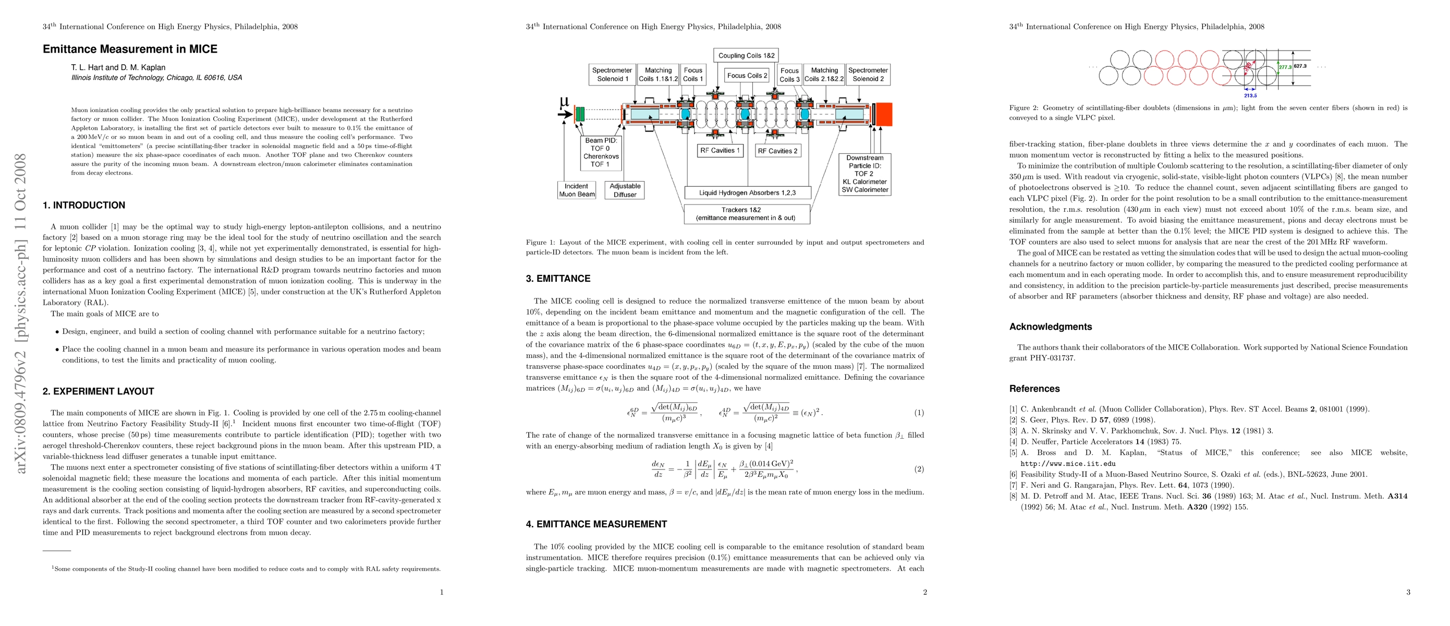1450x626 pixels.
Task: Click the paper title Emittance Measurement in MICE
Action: (x=130, y=49)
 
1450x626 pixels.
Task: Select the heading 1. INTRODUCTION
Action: (x=84, y=206)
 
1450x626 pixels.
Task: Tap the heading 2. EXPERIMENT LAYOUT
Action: (x=99, y=391)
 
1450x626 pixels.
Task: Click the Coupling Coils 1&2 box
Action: (x=746, y=56)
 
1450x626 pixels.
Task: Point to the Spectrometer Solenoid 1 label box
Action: (x=612, y=74)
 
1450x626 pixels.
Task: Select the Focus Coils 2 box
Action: (x=747, y=76)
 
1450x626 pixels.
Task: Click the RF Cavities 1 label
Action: (x=720, y=150)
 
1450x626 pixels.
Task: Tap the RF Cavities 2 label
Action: (x=777, y=151)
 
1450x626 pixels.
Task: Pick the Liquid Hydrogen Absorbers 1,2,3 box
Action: (x=747, y=192)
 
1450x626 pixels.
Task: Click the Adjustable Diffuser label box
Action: (x=625, y=190)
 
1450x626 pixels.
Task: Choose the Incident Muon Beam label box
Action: (x=576, y=190)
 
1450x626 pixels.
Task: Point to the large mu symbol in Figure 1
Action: (x=564, y=102)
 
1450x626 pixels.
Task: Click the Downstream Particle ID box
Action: (x=864, y=174)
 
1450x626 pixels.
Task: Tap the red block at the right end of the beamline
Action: (x=883, y=114)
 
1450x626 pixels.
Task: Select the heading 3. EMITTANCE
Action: (x=558, y=279)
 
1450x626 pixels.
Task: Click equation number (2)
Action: (x=919, y=469)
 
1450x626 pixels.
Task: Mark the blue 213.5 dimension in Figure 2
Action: (x=1250, y=95)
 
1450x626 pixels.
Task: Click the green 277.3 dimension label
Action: (x=1285, y=67)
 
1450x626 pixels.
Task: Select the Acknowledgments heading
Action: (x=1050, y=327)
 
